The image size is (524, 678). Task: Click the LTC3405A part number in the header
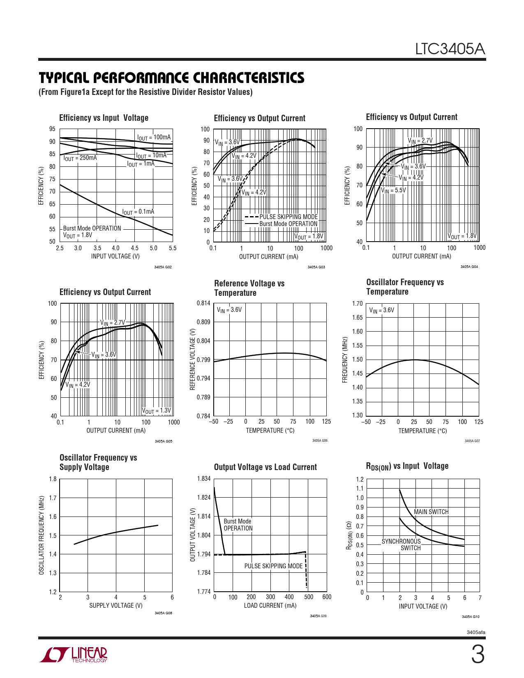click(450, 49)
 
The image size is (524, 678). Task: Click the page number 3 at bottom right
click(477, 655)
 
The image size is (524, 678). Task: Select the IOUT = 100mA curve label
click(154, 138)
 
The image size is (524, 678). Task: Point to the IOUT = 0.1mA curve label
click(138, 212)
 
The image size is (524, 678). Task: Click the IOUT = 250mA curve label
click(80, 158)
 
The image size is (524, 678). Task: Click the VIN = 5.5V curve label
click(393, 191)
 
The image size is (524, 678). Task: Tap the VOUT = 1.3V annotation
click(157, 411)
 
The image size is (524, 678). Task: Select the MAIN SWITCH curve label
click(431, 512)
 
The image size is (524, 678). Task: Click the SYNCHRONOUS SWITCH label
click(402, 545)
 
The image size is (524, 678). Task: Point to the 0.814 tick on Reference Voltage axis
click(203, 303)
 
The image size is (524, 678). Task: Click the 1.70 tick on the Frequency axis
click(357, 304)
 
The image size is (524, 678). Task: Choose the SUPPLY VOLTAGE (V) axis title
click(116, 606)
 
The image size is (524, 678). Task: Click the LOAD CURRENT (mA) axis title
click(270, 606)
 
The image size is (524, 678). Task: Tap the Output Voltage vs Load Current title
click(265, 467)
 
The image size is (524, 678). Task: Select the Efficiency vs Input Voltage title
click(104, 118)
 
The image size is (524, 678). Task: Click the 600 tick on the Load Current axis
click(327, 597)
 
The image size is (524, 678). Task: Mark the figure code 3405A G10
click(471, 617)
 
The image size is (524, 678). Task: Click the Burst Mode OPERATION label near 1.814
click(238, 525)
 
